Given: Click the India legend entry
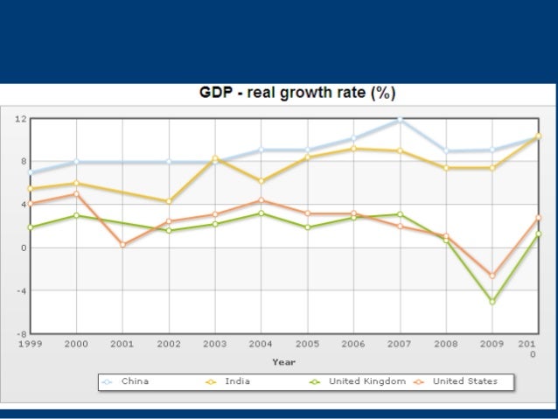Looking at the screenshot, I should [237, 381].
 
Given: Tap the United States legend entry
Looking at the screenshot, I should [464, 381].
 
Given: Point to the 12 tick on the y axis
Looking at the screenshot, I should [20, 118].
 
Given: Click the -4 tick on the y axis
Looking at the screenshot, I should [20, 290].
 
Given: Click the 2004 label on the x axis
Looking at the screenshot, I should [260, 344].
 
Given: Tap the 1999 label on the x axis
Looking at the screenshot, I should [31, 344].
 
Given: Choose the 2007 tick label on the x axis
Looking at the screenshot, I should [398, 344].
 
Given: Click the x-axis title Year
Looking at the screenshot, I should [283, 360].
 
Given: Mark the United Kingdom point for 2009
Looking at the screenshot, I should [492, 301].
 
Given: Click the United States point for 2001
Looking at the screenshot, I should [122, 245].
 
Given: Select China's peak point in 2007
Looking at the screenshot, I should [401, 119].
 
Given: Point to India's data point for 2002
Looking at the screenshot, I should [169, 201].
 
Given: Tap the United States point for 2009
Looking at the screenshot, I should [492, 276].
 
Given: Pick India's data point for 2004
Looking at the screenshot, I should [261, 181].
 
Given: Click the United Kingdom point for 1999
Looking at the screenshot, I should [31, 227].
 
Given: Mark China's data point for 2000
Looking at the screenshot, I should [77, 162].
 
